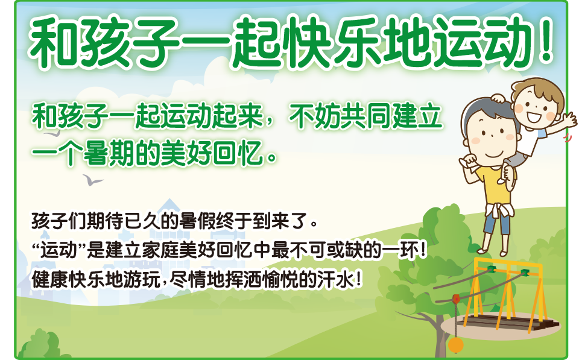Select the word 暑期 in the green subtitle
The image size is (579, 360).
pos(108,154)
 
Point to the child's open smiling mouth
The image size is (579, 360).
pos(533,118)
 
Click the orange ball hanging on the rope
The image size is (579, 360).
pos(456,346)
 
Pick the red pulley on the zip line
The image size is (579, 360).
pos(456,298)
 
